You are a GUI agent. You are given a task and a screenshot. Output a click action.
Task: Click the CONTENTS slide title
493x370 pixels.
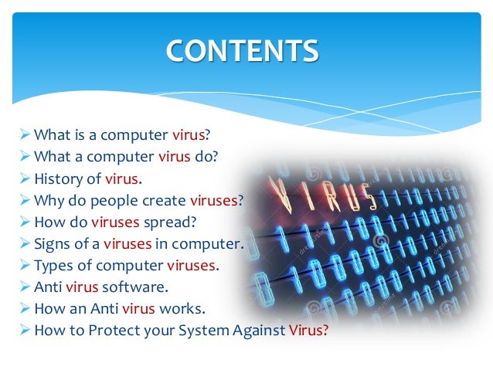[242, 51]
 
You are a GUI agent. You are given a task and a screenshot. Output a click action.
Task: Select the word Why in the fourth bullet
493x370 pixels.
[48, 200]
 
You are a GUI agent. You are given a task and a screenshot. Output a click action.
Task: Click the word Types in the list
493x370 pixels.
[53, 265]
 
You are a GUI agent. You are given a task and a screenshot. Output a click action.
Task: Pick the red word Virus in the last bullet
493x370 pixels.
[308, 330]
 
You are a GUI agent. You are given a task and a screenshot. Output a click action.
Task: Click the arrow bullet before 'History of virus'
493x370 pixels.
[25, 178]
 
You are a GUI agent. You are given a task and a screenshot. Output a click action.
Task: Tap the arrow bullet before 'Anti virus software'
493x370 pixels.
[25, 287]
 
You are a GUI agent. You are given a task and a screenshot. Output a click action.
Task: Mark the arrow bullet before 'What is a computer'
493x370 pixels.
[25, 135]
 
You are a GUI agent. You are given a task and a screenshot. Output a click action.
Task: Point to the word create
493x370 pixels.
[164, 200]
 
